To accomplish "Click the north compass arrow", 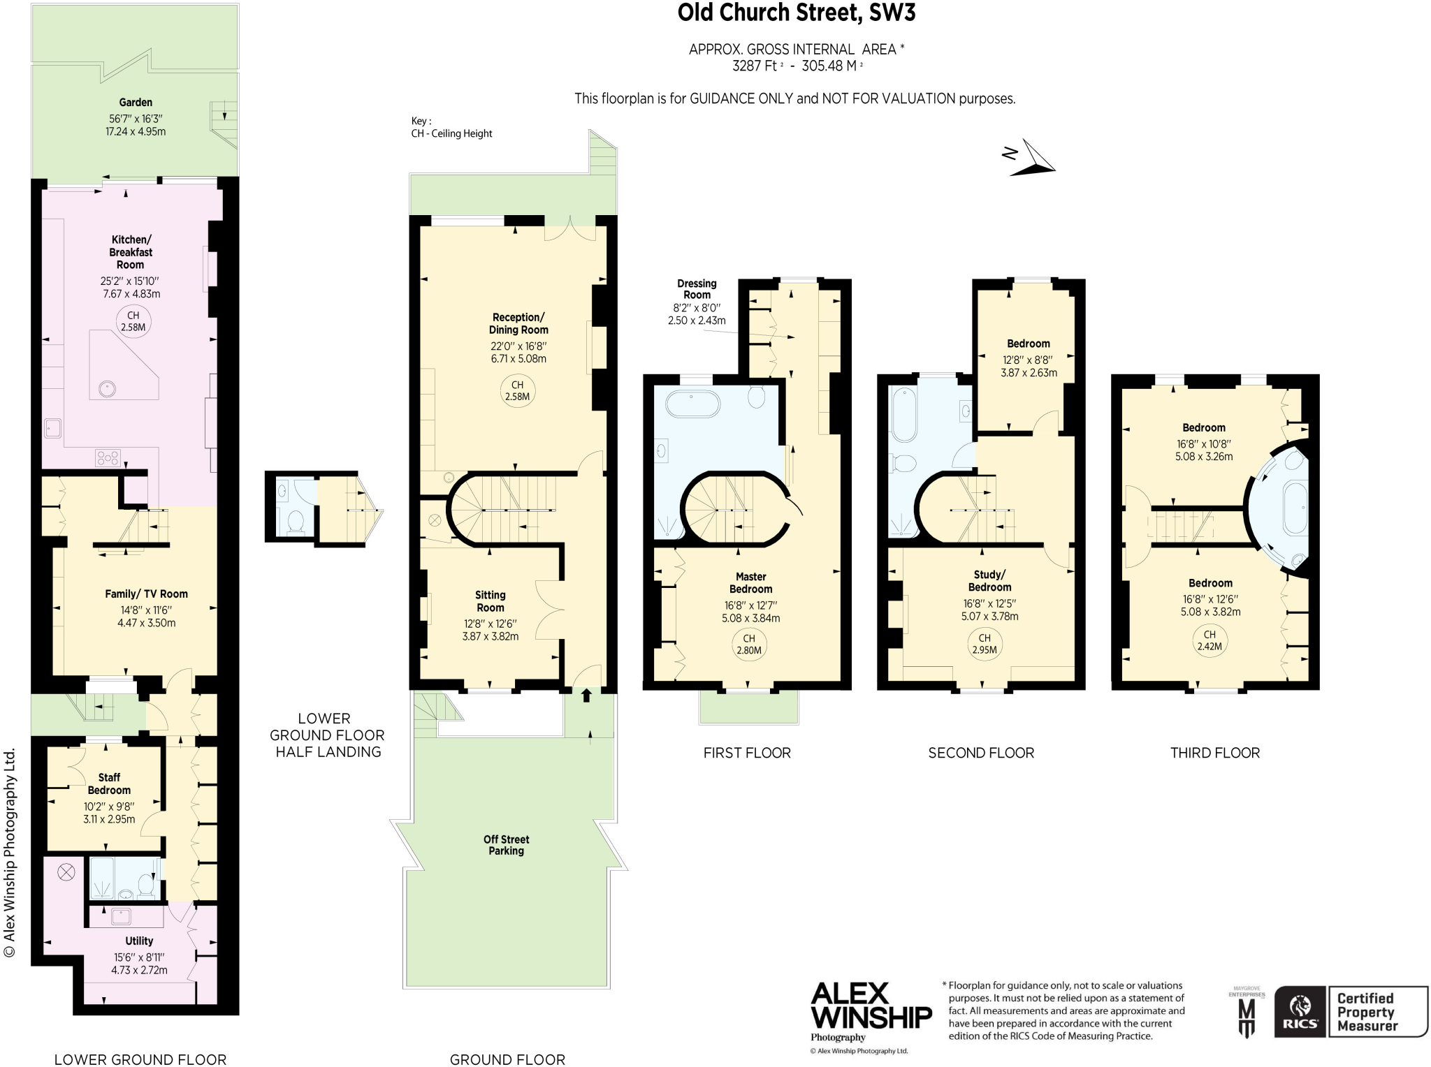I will click(x=1033, y=158).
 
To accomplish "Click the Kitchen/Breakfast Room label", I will click(x=131, y=252).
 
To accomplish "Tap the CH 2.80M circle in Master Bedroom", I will click(x=749, y=645).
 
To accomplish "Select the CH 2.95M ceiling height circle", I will click(x=984, y=644).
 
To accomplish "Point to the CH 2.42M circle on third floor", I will click(x=1210, y=640).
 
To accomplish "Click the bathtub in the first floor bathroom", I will click(x=692, y=404).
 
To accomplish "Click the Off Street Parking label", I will click(x=506, y=845).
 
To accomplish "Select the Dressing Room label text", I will click(x=697, y=289).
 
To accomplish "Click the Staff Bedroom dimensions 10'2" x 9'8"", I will click(x=109, y=806).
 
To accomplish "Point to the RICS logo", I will click(x=1300, y=1012).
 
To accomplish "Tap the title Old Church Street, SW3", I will click(x=796, y=13).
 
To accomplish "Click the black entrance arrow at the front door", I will click(x=586, y=695).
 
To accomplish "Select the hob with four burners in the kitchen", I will click(x=108, y=458).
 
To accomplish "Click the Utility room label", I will click(x=139, y=941).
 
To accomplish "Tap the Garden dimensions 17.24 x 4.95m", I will click(x=136, y=131).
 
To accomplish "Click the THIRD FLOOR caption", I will click(x=1215, y=753).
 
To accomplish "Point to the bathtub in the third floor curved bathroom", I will click(x=1295, y=508).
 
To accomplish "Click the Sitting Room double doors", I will click(x=549, y=609).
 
